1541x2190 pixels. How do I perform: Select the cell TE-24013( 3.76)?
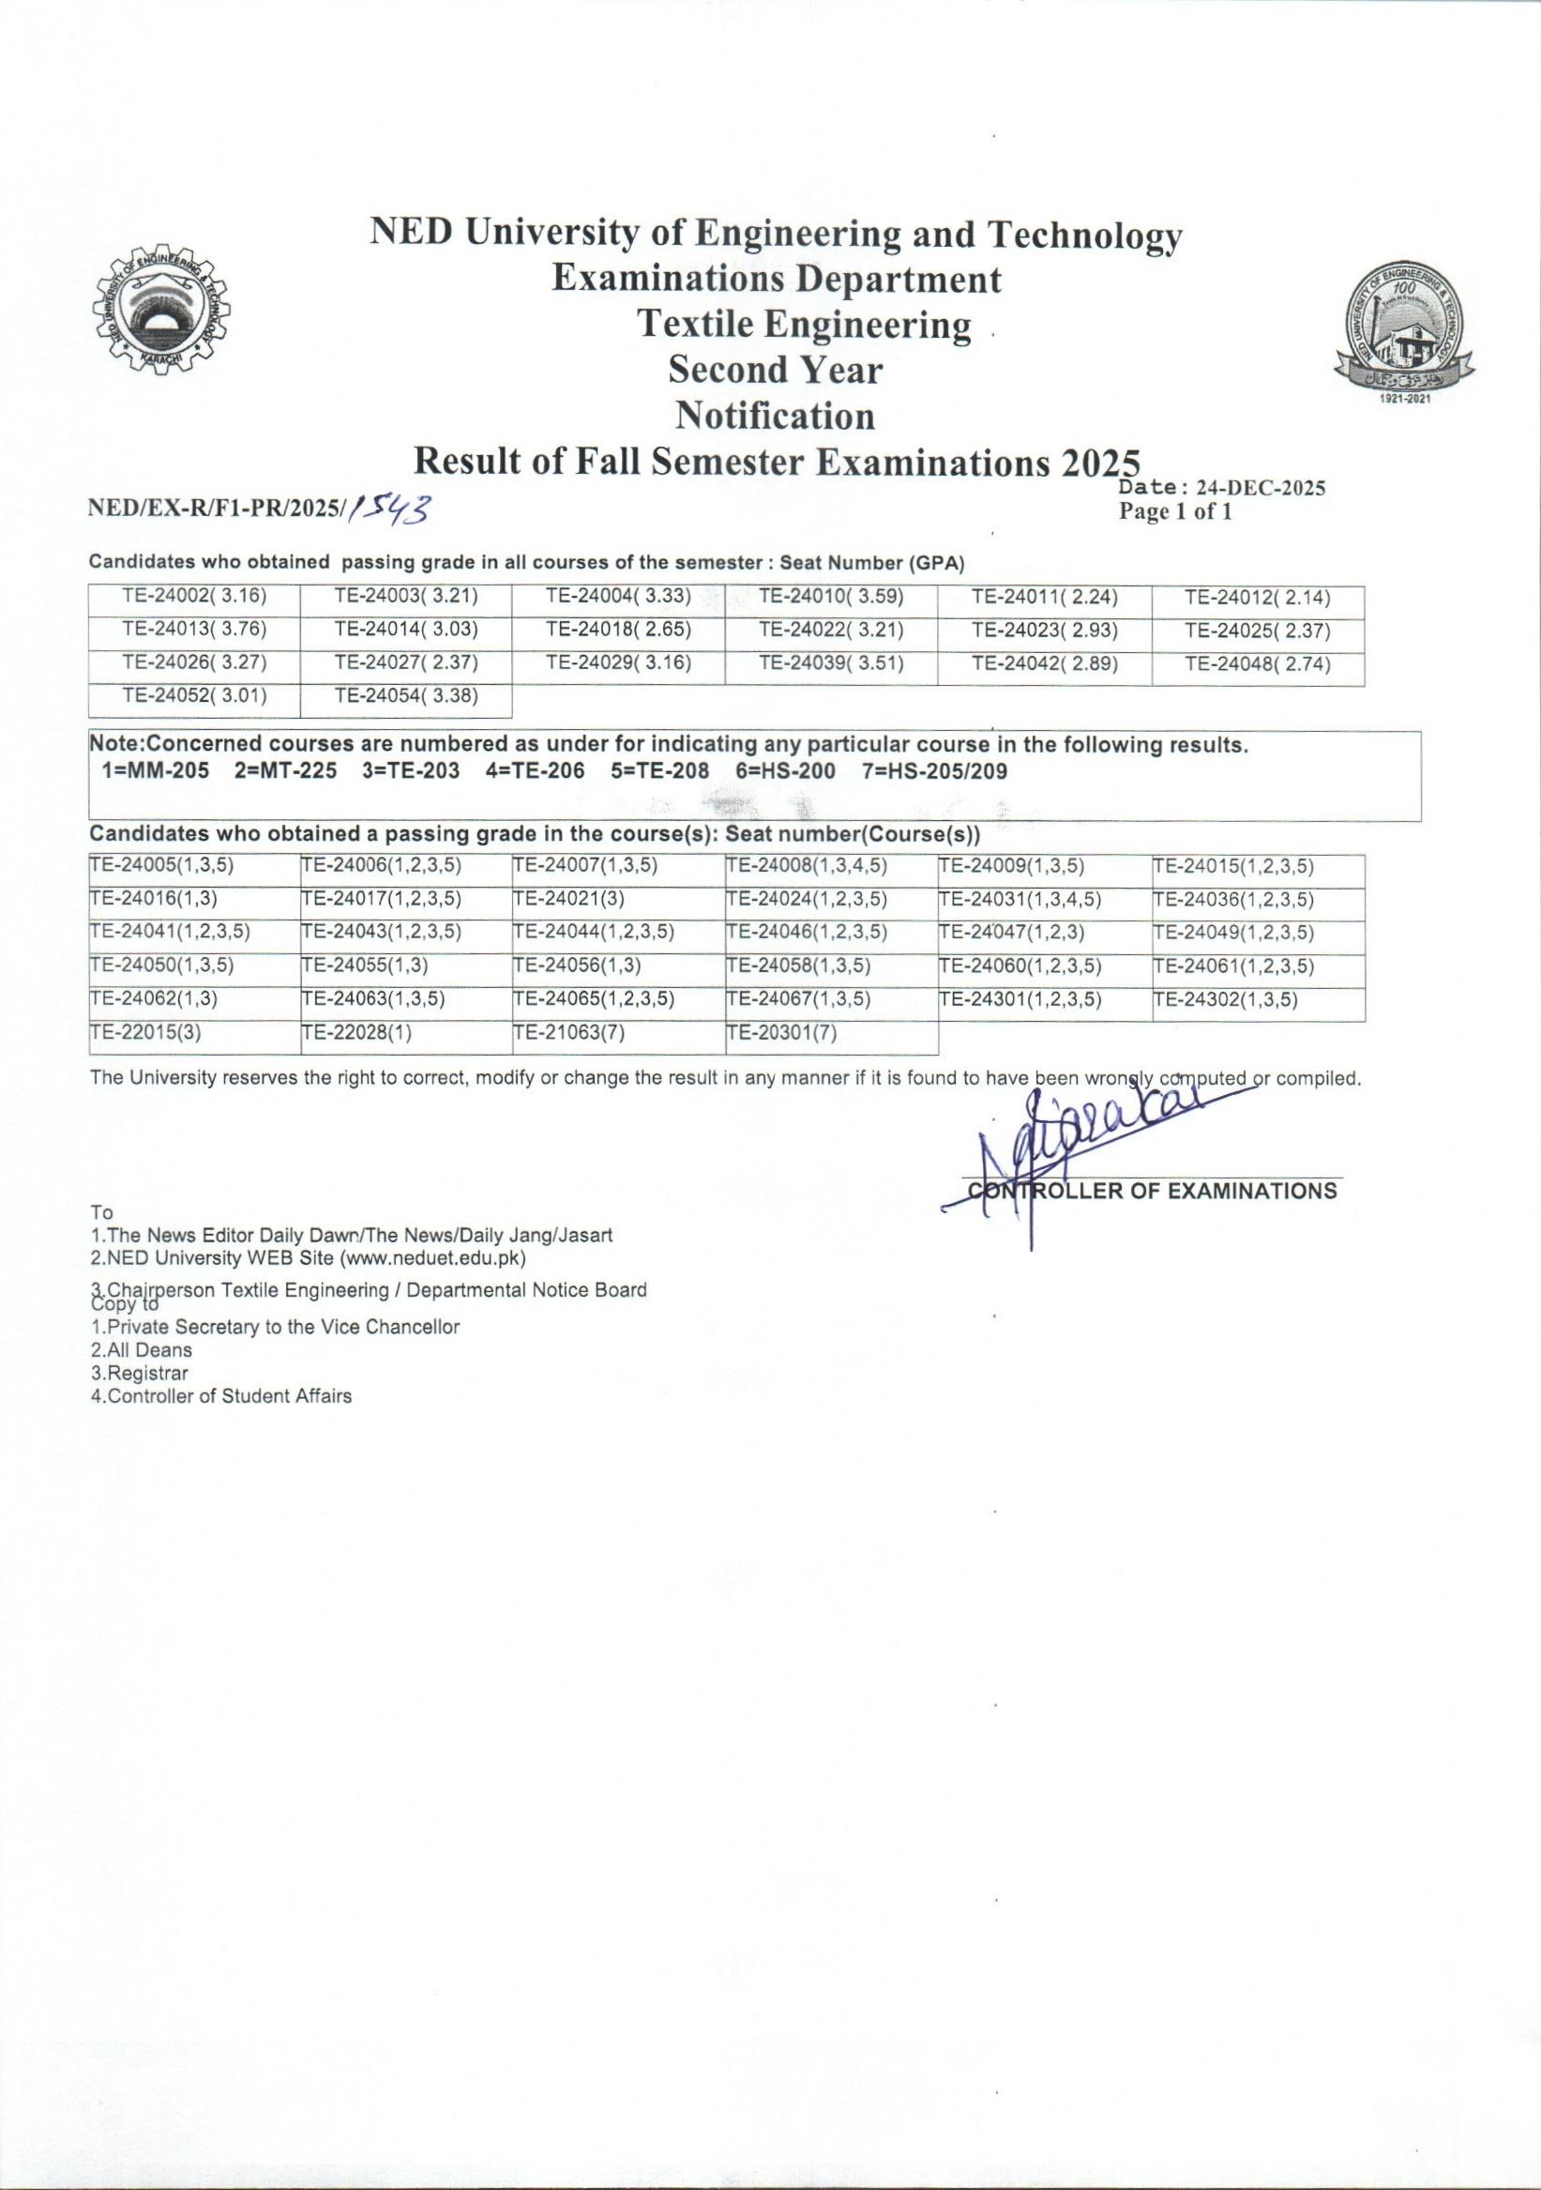point(194,631)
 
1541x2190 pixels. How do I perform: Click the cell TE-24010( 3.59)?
point(831,598)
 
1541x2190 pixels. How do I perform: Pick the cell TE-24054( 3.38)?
point(406,696)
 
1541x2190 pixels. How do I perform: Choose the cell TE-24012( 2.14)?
point(1257,598)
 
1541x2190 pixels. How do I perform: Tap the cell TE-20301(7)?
point(781,1032)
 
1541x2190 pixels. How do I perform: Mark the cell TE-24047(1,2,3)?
point(1012,932)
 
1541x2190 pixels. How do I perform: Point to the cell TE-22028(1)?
point(356,1032)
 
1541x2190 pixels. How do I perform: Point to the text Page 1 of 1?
point(1176,512)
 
